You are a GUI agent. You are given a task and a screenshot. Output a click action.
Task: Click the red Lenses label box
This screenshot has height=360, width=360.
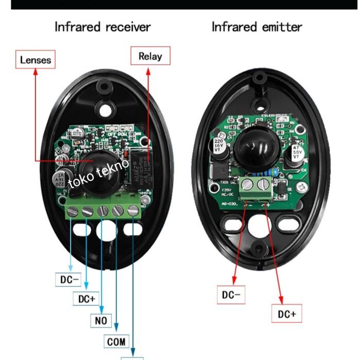click(35, 60)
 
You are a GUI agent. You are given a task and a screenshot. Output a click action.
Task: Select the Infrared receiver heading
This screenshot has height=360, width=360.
click(103, 27)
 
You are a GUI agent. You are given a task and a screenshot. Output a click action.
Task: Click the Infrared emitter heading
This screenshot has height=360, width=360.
click(257, 27)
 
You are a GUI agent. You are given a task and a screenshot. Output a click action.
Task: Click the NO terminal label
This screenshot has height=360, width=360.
click(101, 320)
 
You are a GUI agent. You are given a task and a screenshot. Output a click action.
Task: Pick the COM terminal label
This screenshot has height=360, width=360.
click(117, 340)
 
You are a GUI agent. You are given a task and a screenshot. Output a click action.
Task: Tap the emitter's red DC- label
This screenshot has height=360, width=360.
click(231, 295)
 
